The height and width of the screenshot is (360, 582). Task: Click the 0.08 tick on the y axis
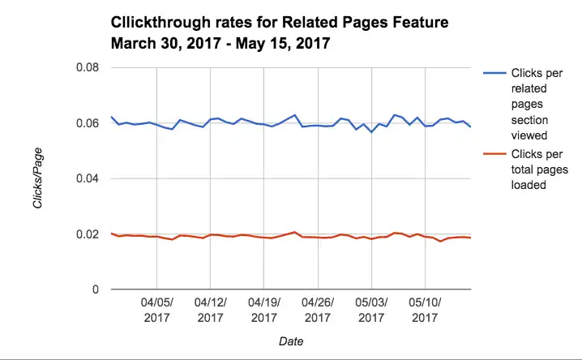click(87, 67)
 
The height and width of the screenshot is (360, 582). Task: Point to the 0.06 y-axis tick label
click(87, 123)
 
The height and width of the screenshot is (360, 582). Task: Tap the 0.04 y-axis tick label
click(87, 178)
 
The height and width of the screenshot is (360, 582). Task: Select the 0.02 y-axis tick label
click(87, 234)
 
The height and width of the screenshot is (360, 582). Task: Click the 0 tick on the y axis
click(96, 289)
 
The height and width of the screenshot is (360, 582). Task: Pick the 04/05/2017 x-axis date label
click(156, 310)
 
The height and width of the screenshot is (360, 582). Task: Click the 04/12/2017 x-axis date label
click(210, 310)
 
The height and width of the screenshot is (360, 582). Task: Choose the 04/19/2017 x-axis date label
click(264, 310)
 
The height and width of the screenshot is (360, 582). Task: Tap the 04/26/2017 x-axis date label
click(318, 310)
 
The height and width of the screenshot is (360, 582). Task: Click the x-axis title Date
click(291, 342)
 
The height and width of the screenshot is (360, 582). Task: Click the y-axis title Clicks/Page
click(38, 178)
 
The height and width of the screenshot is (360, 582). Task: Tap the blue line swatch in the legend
click(494, 73)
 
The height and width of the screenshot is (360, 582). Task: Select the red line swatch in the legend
click(494, 152)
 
